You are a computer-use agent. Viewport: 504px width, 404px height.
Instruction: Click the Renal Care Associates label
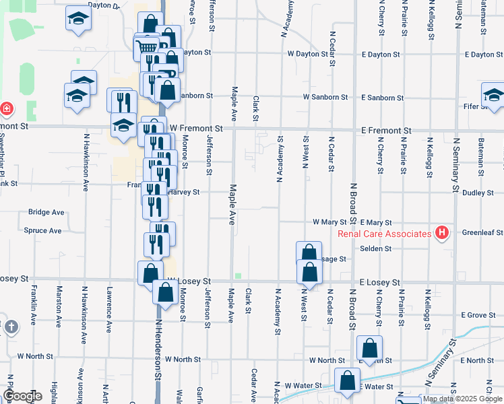(x=384, y=234)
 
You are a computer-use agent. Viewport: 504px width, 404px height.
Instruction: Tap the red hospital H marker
(x=442, y=233)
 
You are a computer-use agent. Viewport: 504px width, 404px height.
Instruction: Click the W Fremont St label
(x=196, y=128)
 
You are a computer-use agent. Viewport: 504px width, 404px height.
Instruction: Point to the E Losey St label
(x=379, y=283)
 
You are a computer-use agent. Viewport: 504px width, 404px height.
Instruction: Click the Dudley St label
(x=478, y=193)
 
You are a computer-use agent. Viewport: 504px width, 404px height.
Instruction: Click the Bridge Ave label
(x=46, y=212)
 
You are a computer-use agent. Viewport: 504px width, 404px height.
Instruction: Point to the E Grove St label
(x=478, y=315)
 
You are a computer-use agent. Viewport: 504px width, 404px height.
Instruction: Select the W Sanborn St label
(x=325, y=98)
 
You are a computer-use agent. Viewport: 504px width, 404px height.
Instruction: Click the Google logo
(x=22, y=396)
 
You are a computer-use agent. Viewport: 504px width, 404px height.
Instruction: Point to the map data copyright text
(x=462, y=399)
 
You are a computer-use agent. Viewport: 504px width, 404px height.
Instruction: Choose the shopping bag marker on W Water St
(x=348, y=380)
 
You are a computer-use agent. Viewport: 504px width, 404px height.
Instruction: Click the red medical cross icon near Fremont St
(x=6, y=108)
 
